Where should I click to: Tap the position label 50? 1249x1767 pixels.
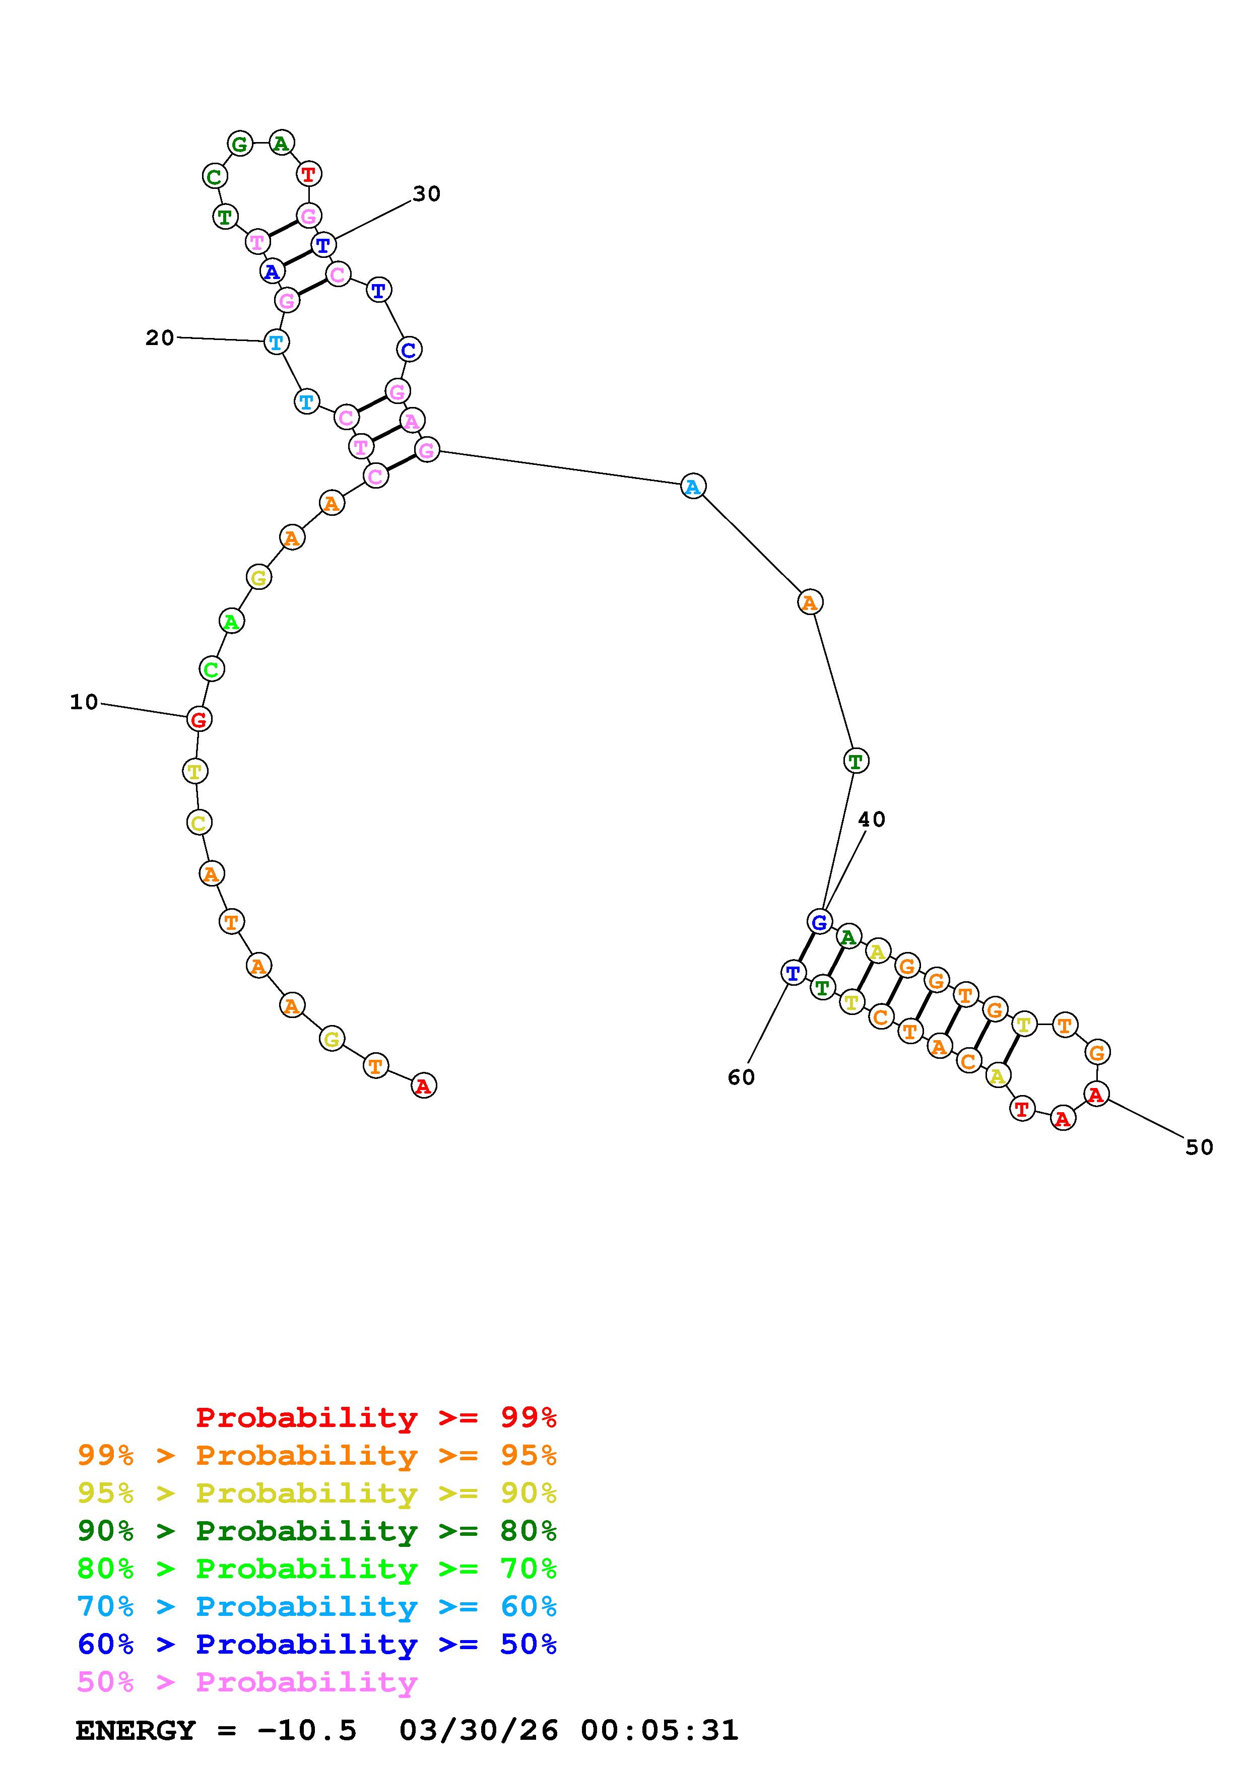click(x=1199, y=1147)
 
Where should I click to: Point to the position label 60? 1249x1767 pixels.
click(x=741, y=1077)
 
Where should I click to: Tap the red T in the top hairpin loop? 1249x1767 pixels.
click(x=308, y=174)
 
